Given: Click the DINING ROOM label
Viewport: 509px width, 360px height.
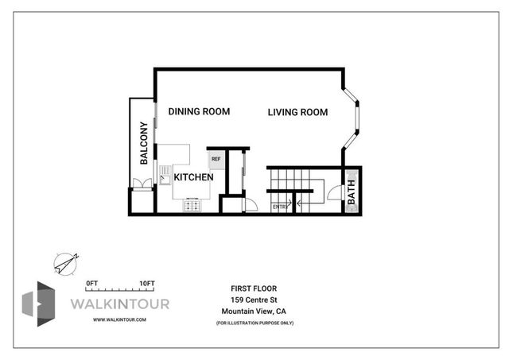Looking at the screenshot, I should point(199,112).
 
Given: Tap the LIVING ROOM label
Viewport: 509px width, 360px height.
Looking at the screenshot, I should point(297,113).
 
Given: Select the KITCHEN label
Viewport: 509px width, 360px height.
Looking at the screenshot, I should point(193,177).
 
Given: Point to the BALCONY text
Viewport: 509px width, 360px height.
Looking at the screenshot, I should point(145,143).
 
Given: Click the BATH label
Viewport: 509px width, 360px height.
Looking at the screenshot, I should point(352,194).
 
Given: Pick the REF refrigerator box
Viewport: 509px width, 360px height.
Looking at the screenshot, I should point(216,158).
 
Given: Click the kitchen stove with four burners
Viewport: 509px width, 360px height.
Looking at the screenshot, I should point(192,205).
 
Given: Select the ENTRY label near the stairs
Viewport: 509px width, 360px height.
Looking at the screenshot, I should point(279,207).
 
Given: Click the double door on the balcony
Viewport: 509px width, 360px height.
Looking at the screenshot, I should point(142,184).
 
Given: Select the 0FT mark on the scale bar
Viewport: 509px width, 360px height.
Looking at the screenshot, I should point(91,283).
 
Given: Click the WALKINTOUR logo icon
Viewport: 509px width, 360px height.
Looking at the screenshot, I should point(41,303).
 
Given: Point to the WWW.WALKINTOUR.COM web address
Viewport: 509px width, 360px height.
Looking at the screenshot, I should point(119,319).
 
